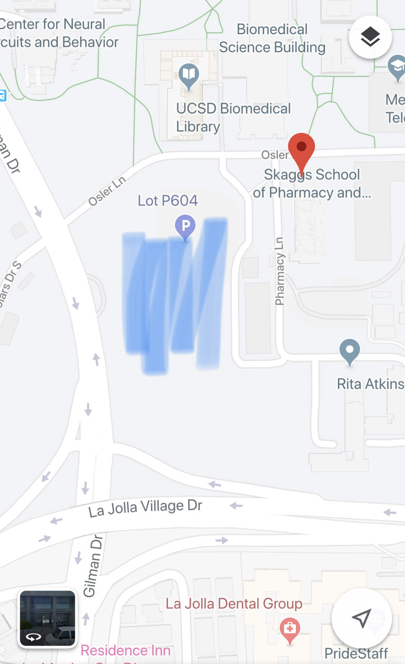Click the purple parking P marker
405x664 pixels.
tap(185, 226)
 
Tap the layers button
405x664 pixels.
tap(370, 37)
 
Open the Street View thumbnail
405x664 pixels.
tap(48, 618)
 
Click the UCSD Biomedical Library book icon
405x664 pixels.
tap(189, 75)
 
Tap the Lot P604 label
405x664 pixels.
tap(168, 201)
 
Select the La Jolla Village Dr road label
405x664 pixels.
tap(145, 508)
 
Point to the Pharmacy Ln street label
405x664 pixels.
tap(279, 271)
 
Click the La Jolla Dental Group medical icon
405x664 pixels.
tap(290, 628)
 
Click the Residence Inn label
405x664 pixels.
tap(126, 650)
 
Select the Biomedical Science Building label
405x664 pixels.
tap(272, 39)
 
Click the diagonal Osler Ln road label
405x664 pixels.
tap(107, 191)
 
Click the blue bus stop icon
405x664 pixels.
tap(3, 95)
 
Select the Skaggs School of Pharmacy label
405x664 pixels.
tap(312, 184)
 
